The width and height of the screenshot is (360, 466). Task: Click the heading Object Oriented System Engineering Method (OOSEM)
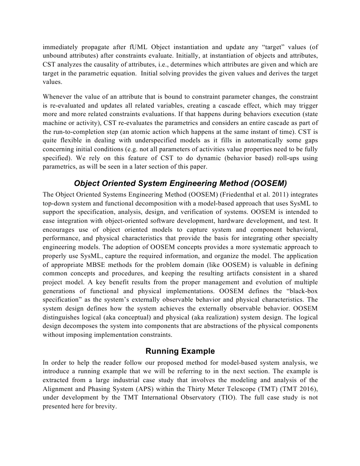coord(180,183)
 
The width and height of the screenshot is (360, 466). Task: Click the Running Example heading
coord(180,351)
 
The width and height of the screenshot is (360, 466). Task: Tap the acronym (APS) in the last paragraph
coord(150,388)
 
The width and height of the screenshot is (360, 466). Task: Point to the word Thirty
coord(191,388)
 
